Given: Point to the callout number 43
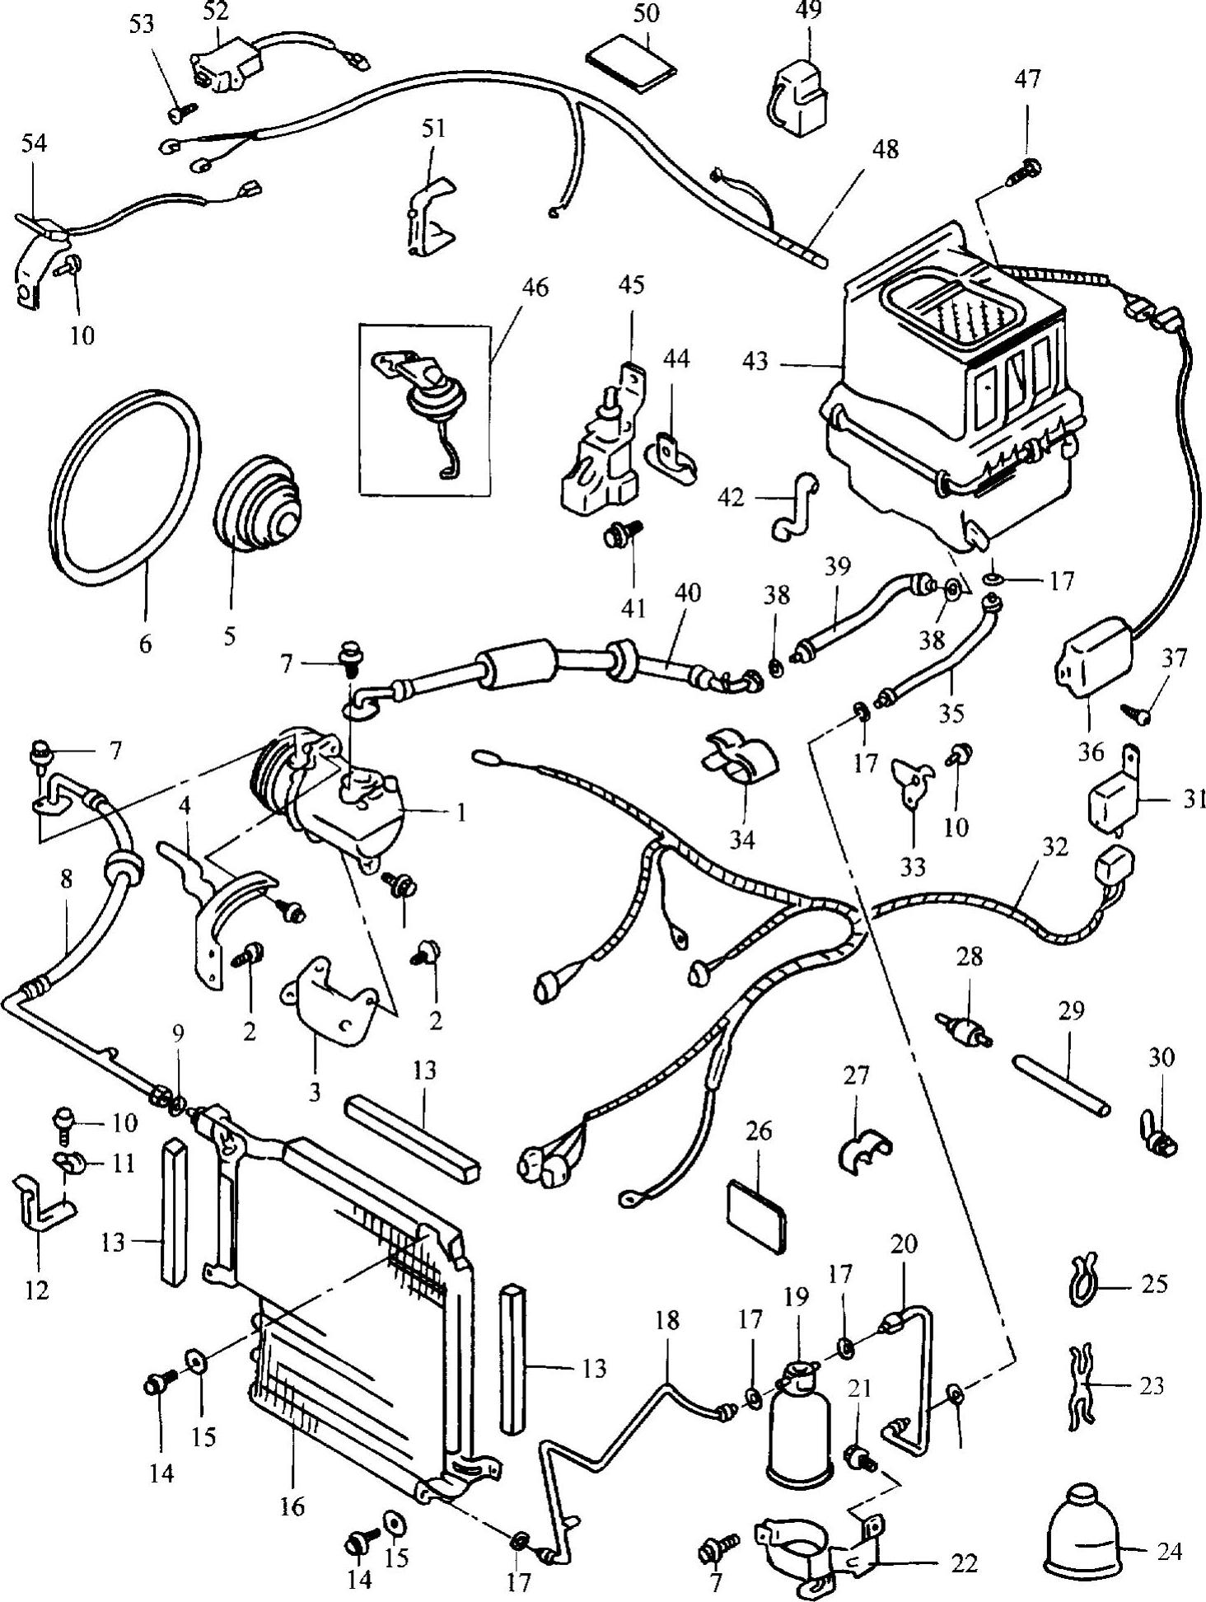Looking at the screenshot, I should click(755, 361).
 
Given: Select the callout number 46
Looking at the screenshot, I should click(535, 288).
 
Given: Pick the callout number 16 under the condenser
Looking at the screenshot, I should click(292, 1507).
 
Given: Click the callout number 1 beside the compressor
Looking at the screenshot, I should click(460, 813).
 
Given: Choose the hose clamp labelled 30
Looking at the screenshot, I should click(1159, 1141).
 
